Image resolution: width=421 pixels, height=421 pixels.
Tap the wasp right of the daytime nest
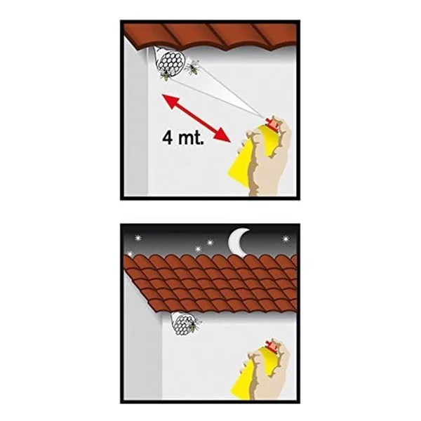(x=194, y=67)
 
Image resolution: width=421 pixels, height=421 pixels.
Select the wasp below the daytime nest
(x=166, y=76)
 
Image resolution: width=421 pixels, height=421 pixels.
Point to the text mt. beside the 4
(x=191, y=138)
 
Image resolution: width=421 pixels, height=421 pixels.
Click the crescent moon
(x=237, y=241)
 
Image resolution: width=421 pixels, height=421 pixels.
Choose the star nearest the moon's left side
(x=209, y=243)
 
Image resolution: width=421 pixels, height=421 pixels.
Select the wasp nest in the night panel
(x=182, y=323)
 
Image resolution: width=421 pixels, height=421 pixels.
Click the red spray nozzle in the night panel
(x=272, y=347)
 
